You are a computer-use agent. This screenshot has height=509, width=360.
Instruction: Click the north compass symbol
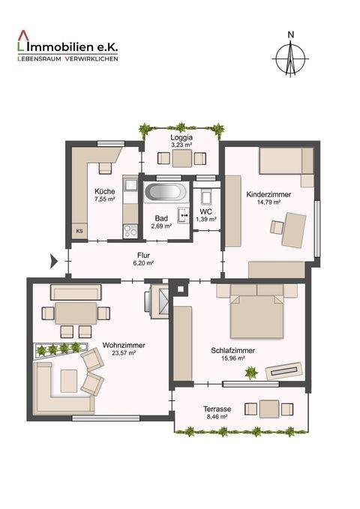(x=291, y=56)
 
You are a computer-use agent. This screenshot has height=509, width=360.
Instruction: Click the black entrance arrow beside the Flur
(x=53, y=262)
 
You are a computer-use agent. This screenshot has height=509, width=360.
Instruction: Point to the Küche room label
(x=105, y=190)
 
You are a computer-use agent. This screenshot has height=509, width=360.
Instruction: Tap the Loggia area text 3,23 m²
(x=181, y=147)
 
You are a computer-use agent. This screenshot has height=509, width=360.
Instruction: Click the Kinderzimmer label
(x=268, y=193)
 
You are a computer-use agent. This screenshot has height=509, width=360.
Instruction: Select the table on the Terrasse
(x=268, y=409)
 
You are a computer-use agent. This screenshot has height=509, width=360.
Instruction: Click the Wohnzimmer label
(x=124, y=345)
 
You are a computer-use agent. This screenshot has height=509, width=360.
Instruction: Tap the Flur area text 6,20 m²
(x=143, y=263)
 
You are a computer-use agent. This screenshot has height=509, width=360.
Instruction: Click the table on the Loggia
(x=181, y=158)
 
